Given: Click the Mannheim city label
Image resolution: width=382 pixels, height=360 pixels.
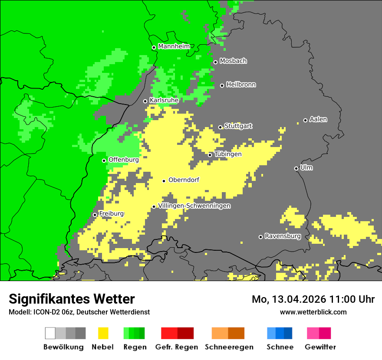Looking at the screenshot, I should point(174,46).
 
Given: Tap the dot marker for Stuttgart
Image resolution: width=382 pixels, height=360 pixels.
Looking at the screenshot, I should point(221,127).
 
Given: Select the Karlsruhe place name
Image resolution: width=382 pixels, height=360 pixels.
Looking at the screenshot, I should point(164,100).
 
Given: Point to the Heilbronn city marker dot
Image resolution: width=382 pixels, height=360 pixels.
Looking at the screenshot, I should point(222,85).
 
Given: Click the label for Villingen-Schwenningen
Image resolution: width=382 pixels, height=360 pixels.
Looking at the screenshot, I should point(194,206).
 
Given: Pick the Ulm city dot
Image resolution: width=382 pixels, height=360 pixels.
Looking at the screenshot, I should point(296,168).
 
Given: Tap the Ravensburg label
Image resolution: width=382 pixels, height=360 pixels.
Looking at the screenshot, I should point(283,236).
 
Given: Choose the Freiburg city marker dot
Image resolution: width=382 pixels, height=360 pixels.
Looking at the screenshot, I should point(95,215).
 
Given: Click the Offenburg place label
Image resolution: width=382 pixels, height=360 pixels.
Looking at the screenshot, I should point(123,160).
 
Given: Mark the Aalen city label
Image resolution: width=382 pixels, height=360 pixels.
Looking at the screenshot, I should point(318,119).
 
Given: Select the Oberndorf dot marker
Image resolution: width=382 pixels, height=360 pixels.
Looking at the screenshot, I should point(164,181).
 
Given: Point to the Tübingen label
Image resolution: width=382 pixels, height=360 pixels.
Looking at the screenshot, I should point(227,154).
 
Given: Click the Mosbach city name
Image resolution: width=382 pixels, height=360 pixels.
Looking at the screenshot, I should point(233,61).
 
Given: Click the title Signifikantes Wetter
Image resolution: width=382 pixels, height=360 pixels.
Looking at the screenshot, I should point(72,299).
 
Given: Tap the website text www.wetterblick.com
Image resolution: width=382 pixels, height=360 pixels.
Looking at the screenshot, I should point(313,312).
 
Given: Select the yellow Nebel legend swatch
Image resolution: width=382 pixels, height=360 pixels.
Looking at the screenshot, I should point(103,333).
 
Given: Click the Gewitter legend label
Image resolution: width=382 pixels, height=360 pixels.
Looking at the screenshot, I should point(320,347).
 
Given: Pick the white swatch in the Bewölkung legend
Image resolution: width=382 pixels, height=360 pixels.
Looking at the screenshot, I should point(50,333).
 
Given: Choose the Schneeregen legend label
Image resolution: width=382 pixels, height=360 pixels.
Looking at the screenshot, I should point(229,347).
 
